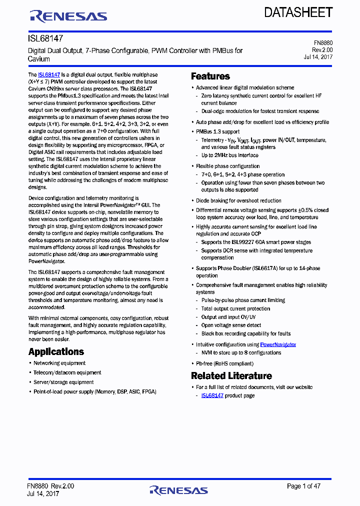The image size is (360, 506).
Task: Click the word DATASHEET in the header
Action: pos(298,12)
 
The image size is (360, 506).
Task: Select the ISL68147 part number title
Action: pos(45,38)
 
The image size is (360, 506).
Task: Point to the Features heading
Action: pos(210,76)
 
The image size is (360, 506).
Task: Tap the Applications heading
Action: pos(56,351)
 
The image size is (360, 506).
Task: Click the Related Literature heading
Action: pos(231,375)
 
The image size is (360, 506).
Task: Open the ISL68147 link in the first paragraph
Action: pos(49,74)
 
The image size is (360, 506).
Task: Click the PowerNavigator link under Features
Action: pos(278,344)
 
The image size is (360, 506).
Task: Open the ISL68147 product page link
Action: pos(212,395)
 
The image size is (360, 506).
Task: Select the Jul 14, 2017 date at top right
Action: pos(318,56)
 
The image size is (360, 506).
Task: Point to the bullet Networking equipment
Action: pos(59,363)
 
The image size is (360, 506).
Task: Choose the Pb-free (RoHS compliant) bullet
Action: pos(224,363)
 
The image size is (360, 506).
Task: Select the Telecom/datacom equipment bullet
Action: pos(67,372)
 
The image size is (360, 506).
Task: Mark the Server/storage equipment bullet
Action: pos(63,382)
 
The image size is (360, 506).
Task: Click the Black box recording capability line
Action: pos(245,333)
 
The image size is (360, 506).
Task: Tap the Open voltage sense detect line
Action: pos(231,325)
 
